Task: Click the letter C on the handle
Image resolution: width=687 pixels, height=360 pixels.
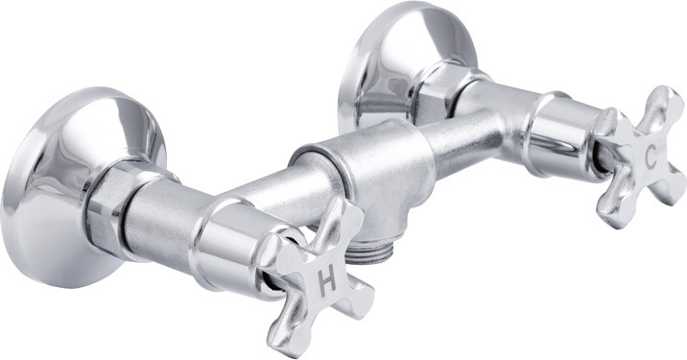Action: pyautogui.click(x=651, y=157)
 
